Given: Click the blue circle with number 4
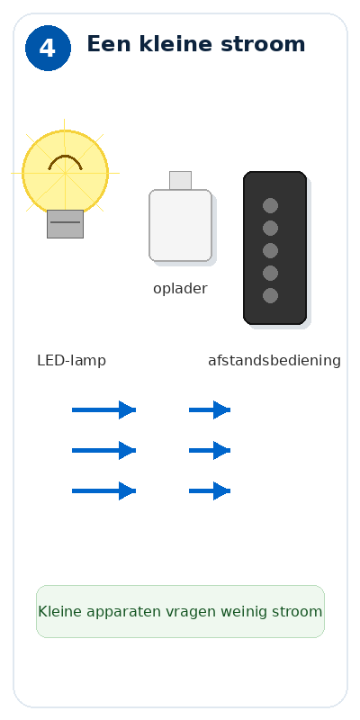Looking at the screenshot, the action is click(49, 49).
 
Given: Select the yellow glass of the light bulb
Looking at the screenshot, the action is click(65, 172).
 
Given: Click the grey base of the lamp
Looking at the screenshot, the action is click(65, 224).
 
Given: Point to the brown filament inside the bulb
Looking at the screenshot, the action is click(65, 162).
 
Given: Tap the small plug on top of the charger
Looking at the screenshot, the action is click(181, 181).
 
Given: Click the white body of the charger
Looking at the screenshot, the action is click(181, 226).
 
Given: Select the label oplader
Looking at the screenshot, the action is click(181, 289).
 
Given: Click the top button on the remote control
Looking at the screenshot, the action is click(271, 206).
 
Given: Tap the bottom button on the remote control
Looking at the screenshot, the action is click(271, 296).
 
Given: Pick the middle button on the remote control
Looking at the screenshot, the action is click(271, 251).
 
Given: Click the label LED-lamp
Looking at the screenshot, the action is click(72, 361).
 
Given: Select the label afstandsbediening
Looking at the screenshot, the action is click(274, 361).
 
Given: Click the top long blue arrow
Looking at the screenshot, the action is click(104, 410).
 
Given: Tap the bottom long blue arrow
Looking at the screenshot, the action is click(104, 490).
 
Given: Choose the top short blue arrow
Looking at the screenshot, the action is click(210, 410).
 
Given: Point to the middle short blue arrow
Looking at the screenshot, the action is click(210, 451).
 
